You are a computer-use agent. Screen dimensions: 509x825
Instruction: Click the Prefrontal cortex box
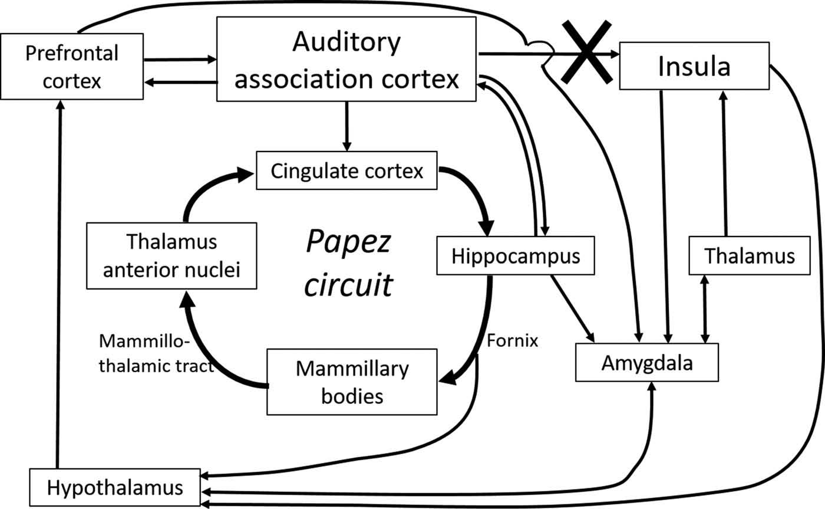pyautogui.click(x=72, y=65)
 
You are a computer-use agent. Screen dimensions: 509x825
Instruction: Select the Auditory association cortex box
pyautogui.click(x=346, y=59)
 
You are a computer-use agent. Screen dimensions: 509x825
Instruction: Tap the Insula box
pyautogui.click(x=694, y=66)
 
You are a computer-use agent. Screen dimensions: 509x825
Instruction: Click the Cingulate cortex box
pyautogui.click(x=346, y=172)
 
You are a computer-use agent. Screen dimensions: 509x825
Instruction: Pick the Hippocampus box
pyautogui.click(x=516, y=256)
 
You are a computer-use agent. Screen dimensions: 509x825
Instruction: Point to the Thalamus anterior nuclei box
pyautogui.click(x=171, y=255)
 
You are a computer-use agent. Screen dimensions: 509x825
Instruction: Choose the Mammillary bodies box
pyautogui.click(x=352, y=382)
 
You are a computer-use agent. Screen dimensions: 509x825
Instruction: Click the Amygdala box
pyautogui.click(x=647, y=362)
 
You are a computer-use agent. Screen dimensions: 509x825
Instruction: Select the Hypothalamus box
pyautogui.click(x=115, y=488)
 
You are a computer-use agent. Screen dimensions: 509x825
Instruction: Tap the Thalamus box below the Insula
pyautogui.click(x=749, y=256)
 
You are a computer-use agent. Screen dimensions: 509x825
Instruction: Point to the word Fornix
pyautogui.click(x=513, y=340)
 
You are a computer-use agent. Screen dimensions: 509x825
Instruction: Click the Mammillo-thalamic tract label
pyautogui.click(x=156, y=354)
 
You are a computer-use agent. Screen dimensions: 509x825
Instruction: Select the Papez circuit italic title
pyautogui.click(x=349, y=262)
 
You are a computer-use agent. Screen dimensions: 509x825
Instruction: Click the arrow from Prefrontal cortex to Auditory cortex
pyautogui.click(x=180, y=60)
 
